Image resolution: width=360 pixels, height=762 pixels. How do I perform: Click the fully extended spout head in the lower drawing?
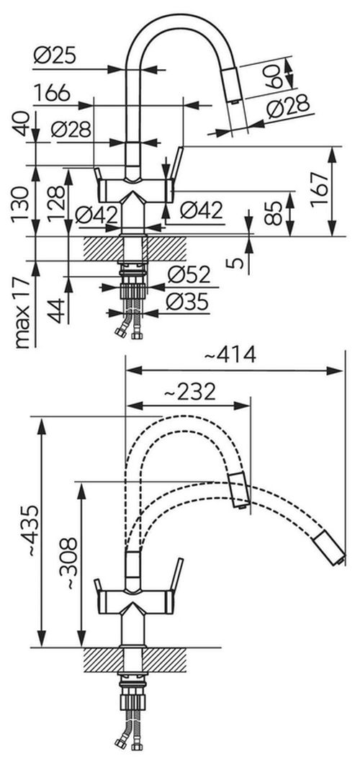coord(330,544)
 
